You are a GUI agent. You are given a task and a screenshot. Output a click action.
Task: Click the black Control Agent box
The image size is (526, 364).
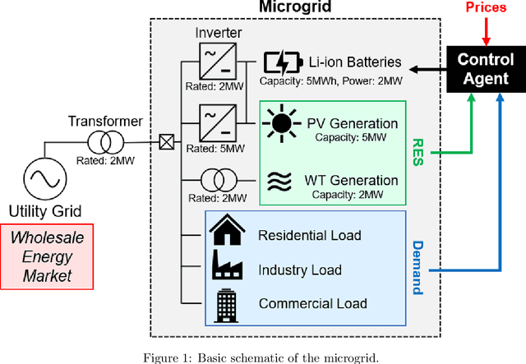coord(485,70)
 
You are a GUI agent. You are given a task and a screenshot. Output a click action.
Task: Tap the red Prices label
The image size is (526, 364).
coord(486,7)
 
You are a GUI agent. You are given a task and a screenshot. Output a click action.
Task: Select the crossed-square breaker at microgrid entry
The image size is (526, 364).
coord(167,143)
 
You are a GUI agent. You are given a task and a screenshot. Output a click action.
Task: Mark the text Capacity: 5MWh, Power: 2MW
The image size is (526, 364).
coord(330,81)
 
